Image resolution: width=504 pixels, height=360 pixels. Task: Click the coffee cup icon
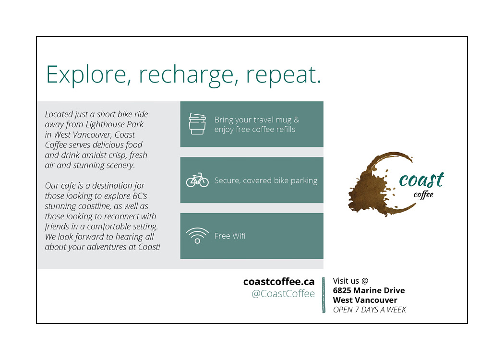coord(197,124)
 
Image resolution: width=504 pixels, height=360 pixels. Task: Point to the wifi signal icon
coord(197,235)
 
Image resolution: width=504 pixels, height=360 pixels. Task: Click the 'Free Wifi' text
coord(230,236)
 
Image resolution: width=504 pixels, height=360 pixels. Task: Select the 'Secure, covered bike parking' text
coord(266,180)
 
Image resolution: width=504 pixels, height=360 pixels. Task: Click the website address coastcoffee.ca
coord(279,282)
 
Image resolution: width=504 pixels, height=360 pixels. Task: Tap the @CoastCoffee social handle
coord(283,293)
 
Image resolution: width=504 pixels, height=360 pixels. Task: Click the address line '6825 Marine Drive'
coord(369,290)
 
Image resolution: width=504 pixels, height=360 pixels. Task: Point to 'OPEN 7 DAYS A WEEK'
coord(370,310)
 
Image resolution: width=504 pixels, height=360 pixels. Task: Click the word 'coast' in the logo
coord(421,180)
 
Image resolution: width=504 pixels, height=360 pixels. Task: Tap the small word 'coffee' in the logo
coord(423,194)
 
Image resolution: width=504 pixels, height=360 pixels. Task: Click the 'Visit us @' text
coord(350,281)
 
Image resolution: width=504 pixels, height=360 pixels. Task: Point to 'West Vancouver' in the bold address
coord(365,300)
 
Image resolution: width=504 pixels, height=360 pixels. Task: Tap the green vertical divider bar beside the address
coord(324,295)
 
